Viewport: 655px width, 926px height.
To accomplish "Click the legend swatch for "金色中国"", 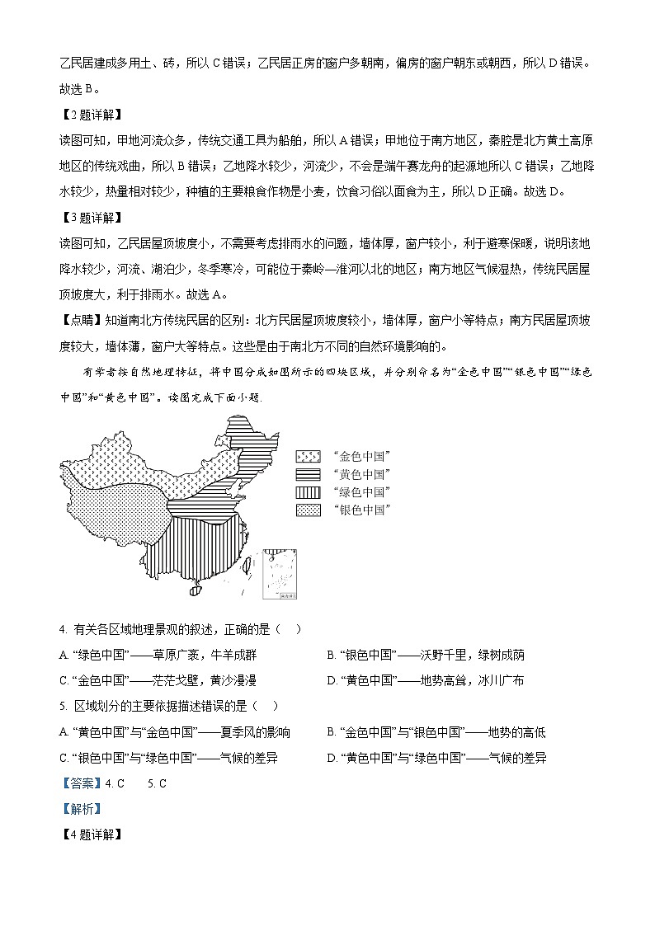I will (x=308, y=456).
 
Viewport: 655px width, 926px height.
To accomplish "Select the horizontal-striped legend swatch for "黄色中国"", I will (x=308, y=474).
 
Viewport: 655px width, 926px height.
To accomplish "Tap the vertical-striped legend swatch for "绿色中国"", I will (x=308, y=492).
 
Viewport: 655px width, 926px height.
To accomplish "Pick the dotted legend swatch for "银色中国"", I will (x=308, y=510).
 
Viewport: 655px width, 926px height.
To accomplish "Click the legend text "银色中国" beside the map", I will (x=361, y=510).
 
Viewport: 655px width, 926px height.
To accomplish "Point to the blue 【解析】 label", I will (x=79, y=809).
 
